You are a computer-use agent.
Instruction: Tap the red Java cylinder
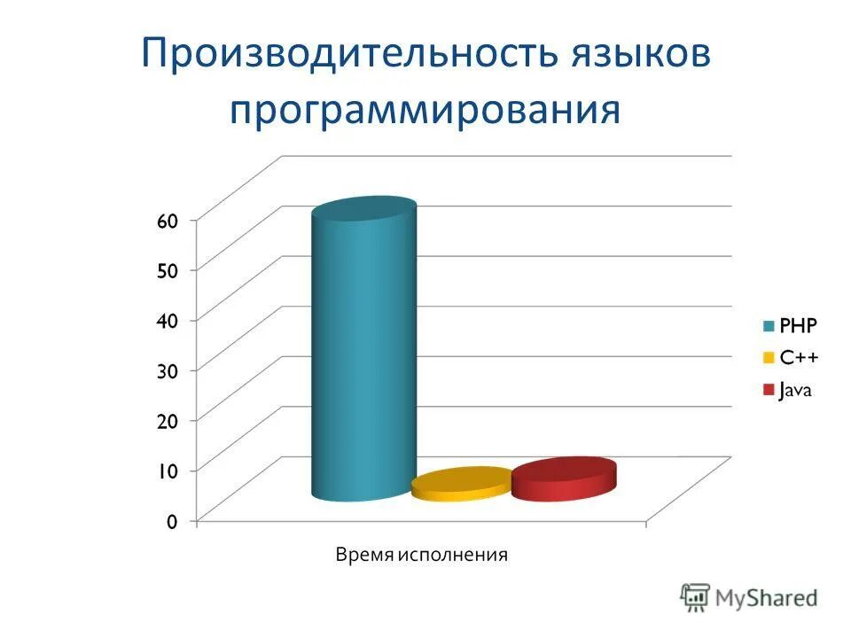563,479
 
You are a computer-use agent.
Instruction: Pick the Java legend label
797,390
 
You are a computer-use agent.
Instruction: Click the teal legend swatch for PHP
768,324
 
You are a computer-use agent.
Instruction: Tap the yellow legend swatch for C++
768,357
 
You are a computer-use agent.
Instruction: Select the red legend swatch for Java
768,390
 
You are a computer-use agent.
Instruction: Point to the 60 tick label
168,221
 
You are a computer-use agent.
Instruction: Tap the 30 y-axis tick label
168,370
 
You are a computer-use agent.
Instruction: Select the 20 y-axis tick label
168,420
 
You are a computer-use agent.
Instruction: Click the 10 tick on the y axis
168,471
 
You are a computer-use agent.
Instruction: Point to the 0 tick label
172,521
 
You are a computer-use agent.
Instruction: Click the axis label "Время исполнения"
421,556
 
